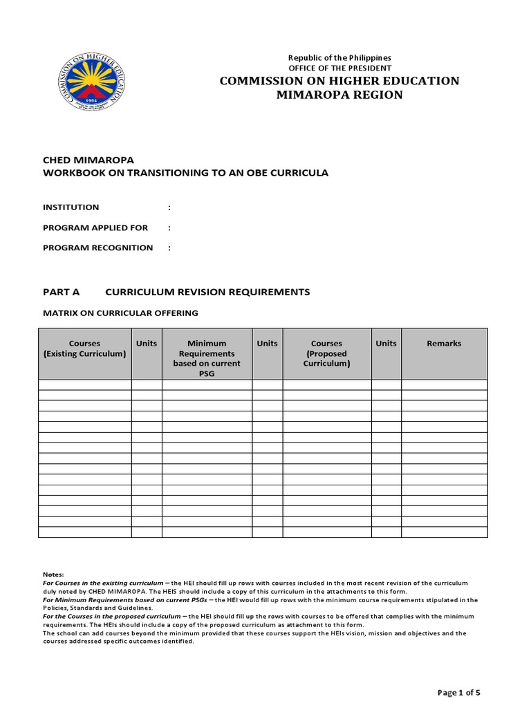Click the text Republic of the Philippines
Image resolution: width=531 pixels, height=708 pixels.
[x=339, y=57]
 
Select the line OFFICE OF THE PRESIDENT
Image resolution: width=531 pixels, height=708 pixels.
[x=339, y=68]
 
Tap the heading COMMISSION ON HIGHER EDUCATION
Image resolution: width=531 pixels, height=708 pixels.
[x=339, y=81]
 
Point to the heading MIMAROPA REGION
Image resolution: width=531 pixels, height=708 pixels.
[x=339, y=95]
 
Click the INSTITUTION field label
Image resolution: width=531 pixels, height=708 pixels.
[x=71, y=207]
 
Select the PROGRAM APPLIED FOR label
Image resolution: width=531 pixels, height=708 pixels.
[x=95, y=227]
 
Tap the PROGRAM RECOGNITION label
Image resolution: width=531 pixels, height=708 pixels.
[x=98, y=248]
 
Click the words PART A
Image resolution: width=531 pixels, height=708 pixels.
[x=62, y=292]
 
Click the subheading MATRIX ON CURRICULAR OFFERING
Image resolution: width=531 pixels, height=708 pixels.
[x=121, y=313]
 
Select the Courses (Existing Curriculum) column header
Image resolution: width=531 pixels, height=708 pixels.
[x=85, y=348]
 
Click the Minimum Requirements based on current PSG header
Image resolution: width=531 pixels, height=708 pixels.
[x=207, y=358]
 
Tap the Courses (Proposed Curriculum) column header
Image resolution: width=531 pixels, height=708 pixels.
[x=327, y=353]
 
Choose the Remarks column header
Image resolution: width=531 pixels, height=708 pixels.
[x=444, y=344]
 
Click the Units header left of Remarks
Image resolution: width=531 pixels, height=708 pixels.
[x=386, y=344]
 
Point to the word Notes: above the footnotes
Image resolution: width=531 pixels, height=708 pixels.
[x=53, y=575]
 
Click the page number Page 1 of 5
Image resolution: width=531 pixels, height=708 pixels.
[x=459, y=692]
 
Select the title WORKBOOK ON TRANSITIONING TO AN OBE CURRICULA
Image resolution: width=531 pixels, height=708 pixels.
[x=186, y=173]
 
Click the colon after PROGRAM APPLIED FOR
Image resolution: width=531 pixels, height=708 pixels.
[x=169, y=227]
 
